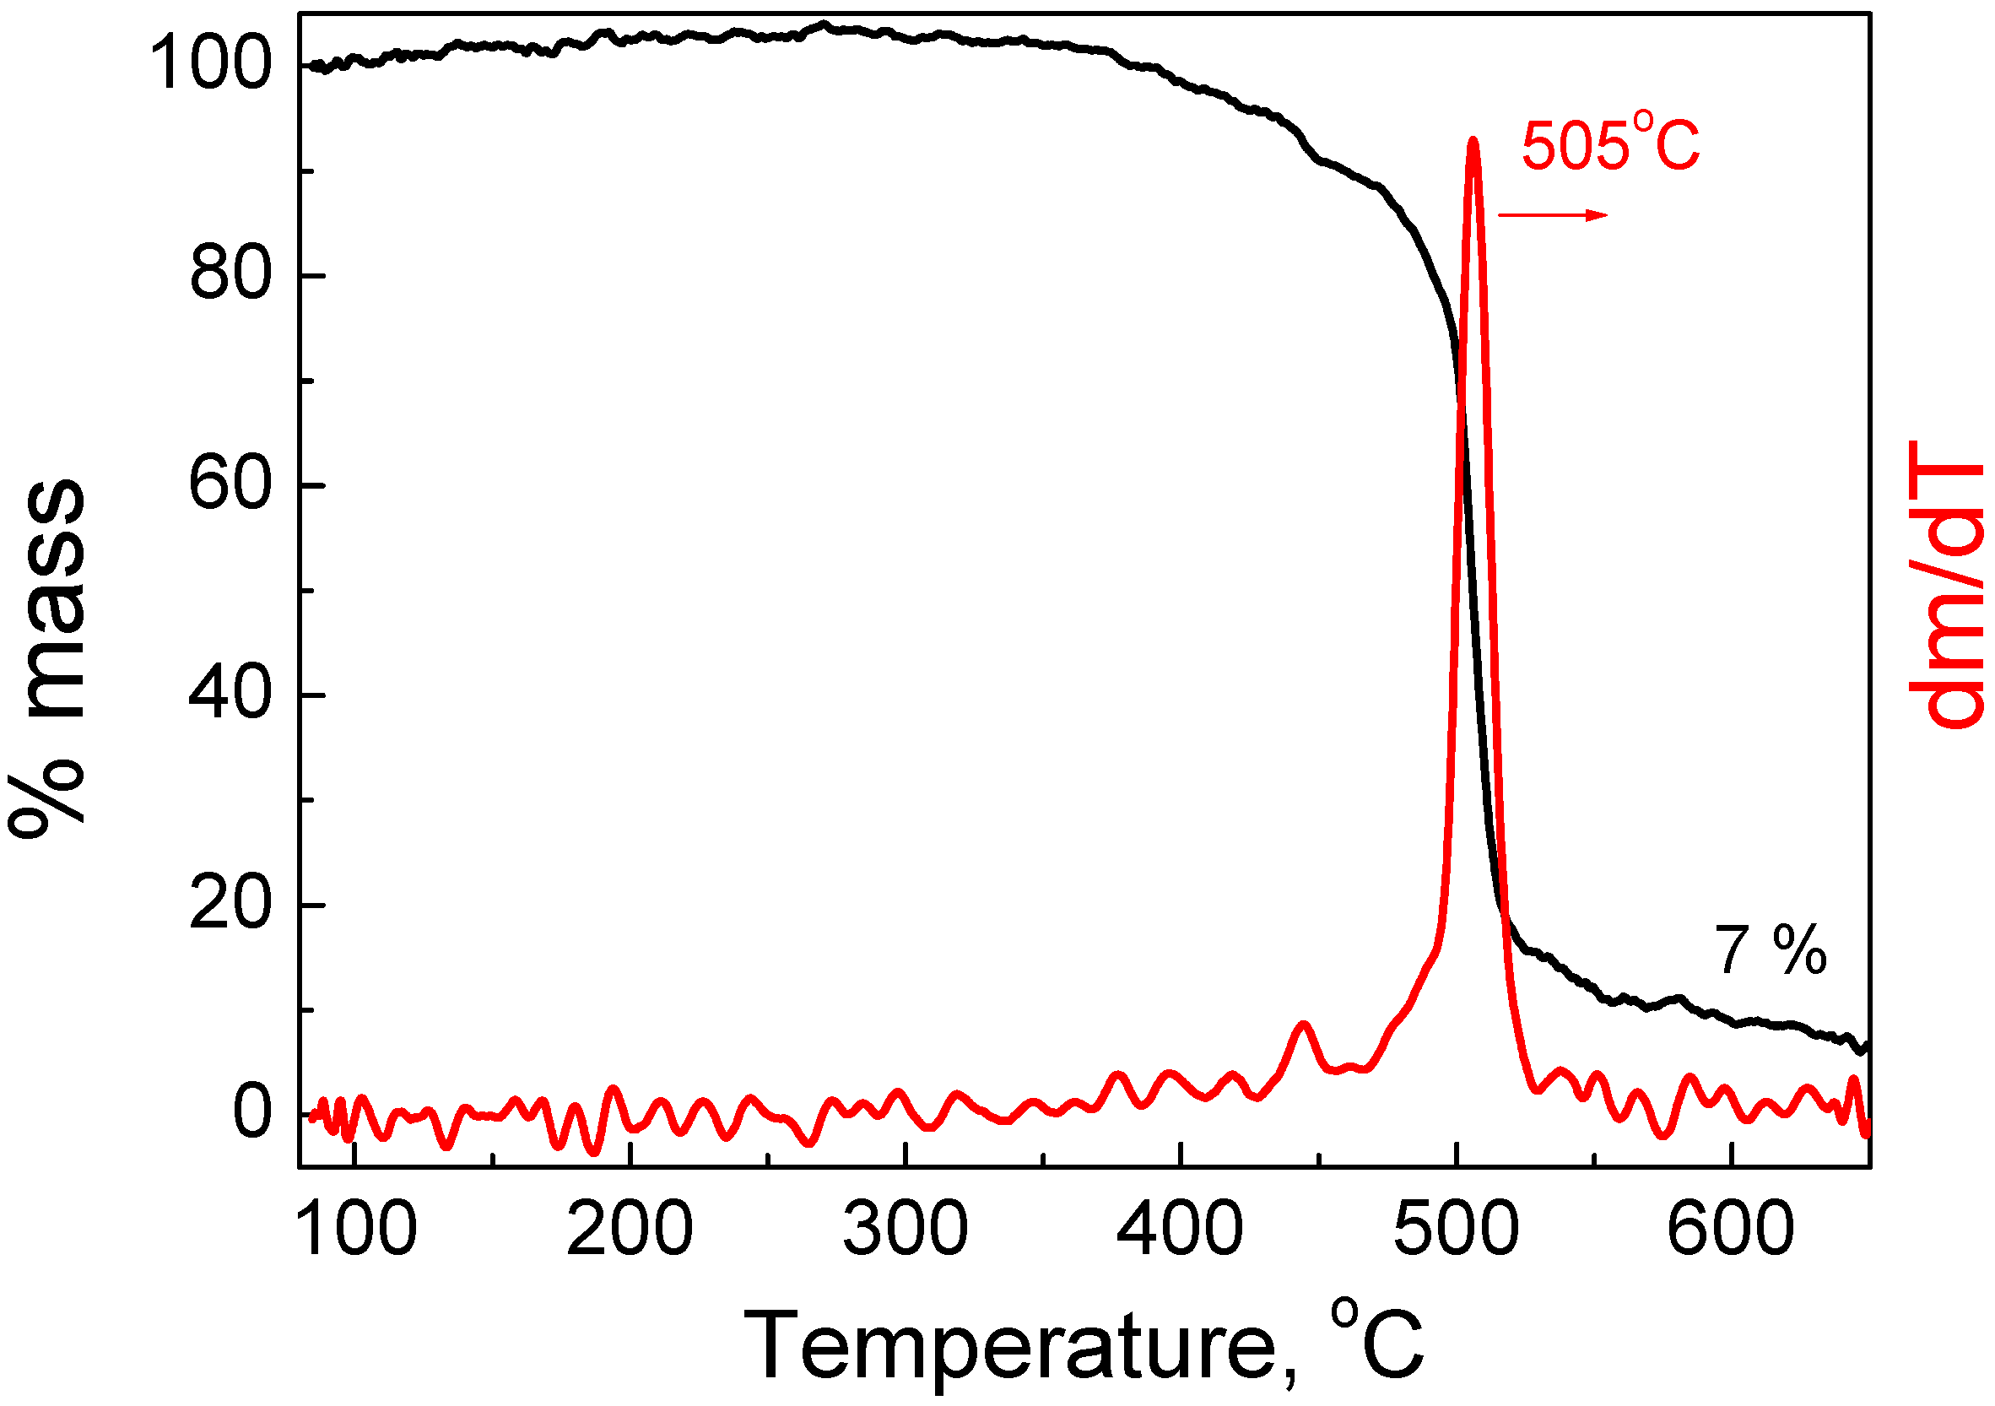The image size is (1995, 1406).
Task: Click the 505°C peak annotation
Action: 1610,146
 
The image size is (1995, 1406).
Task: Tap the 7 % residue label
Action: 1770,950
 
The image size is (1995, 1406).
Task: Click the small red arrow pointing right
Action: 1552,215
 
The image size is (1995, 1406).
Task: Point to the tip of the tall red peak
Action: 1473,141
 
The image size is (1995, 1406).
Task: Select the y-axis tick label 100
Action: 210,65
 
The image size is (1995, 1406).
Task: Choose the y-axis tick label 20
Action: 230,905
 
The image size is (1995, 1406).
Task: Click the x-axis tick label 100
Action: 355,1230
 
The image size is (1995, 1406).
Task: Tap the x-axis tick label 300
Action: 906,1230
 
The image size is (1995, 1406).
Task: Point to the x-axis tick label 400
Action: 1180,1230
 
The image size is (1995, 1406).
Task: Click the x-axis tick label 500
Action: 1457,1230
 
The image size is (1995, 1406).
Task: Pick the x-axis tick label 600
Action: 1731,1230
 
